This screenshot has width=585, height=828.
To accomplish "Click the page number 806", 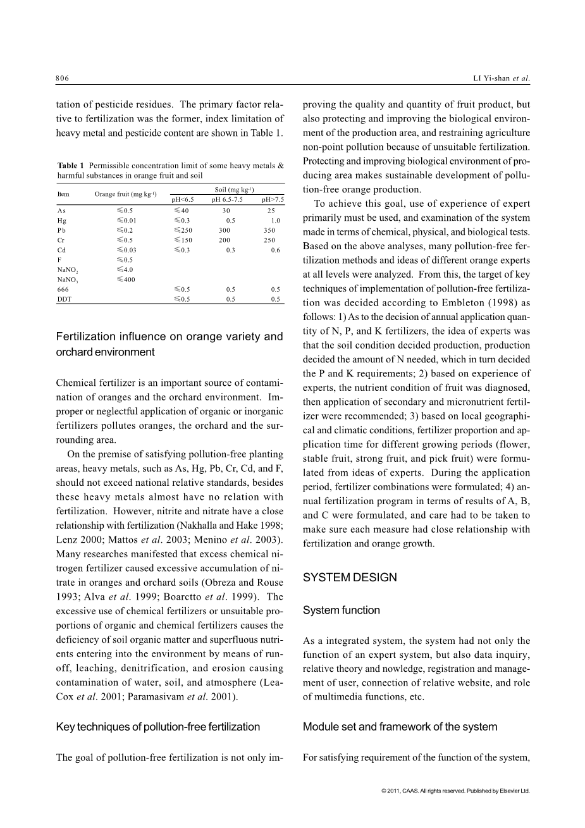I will pyautogui.click(x=62, y=78).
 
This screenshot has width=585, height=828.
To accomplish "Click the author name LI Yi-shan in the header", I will pyautogui.click(x=489, y=78).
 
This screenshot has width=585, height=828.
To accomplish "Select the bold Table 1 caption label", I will pyautogui.click(x=71, y=166).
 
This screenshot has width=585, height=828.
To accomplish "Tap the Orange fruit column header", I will pyautogui.click(x=125, y=194).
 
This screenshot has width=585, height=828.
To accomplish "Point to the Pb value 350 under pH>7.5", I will pyautogui.click(x=269, y=230).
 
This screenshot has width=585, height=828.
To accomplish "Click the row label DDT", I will pyautogui.click(x=64, y=299).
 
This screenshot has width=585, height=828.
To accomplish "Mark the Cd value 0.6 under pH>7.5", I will pyautogui.click(x=275, y=250).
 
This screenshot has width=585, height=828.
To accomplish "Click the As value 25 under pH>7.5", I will pyautogui.click(x=271, y=211).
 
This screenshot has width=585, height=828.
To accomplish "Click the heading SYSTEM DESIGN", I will pyautogui.click(x=350, y=578).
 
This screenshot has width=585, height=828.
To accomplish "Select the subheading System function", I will pyautogui.click(x=341, y=610).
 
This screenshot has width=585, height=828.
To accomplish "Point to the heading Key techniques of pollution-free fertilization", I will pyautogui.click(x=157, y=727).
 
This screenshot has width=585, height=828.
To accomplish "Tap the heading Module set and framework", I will pyautogui.click(x=400, y=727).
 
